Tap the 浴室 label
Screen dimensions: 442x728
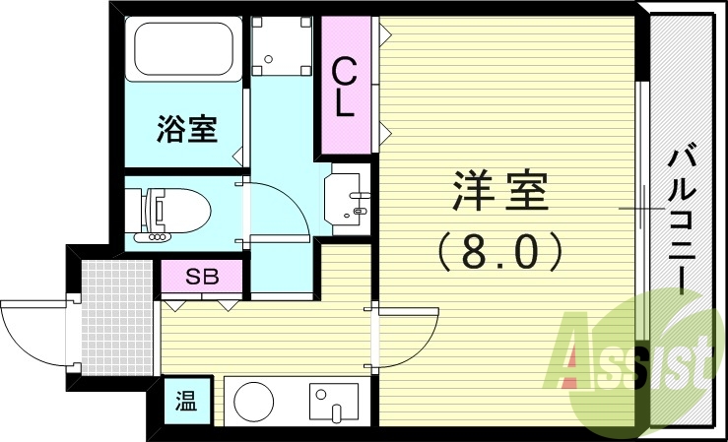pyautogui.click(x=186, y=129)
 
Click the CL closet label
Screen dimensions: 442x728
pyautogui.click(x=343, y=87)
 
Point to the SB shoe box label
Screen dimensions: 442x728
pyautogui.click(x=201, y=277)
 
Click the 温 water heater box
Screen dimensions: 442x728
pyautogui.click(x=185, y=402)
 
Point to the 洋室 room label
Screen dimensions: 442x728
pyautogui.click(x=499, y=192)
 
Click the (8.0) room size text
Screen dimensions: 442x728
pyautogui.click(x=499, y=251)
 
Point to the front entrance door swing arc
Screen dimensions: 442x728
pyautogui.click(x=30, y=325)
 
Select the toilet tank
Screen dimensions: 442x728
pyautogui.click(x=137, y=210)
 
